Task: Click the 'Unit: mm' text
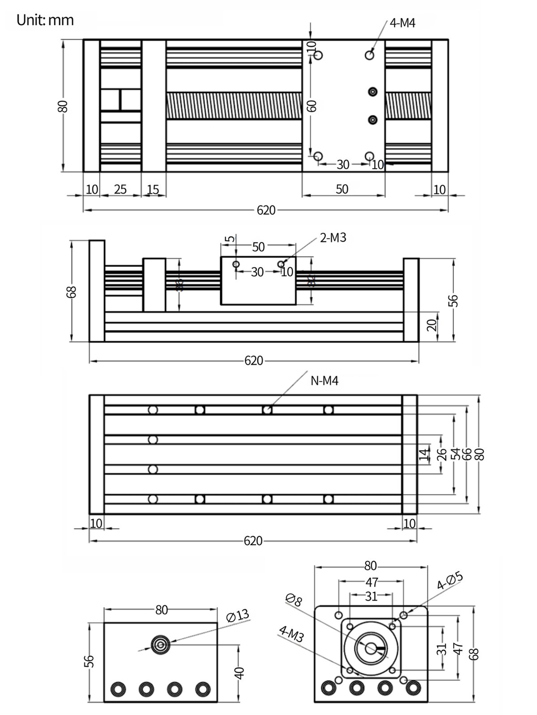point(45,21)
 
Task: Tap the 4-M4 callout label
point(402,23)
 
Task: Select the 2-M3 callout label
point(333,238)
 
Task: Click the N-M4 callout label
point(324,381)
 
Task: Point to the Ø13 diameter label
point(238,616)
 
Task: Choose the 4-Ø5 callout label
point(449,580)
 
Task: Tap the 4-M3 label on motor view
point(291,634)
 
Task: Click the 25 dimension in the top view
point(120,189)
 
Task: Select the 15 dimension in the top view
point(153,189)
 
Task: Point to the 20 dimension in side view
point(431,325)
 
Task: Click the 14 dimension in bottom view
point(424,454)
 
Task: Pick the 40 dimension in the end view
point(239,673)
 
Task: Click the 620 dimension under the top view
point(266,210)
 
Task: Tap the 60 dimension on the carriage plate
point(312,106)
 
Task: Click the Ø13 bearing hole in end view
point(160,644)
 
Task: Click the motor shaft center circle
point(371,648)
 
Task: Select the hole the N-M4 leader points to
point(267,410)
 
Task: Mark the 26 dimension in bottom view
point(442,454)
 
